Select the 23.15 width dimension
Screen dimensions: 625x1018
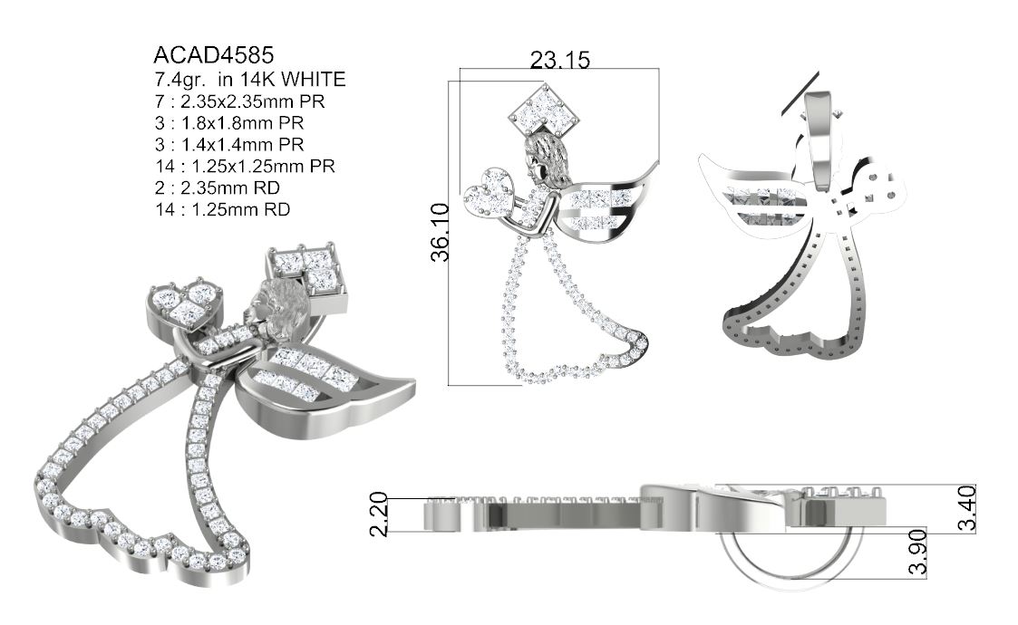559,61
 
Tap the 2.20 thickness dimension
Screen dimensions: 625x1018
379,514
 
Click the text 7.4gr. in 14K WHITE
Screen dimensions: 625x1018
250,80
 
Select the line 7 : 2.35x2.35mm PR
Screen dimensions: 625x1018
240,101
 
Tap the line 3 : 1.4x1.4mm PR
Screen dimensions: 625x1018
229,144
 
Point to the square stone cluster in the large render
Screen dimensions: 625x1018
305,269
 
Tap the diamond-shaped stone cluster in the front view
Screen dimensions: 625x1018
543,108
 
